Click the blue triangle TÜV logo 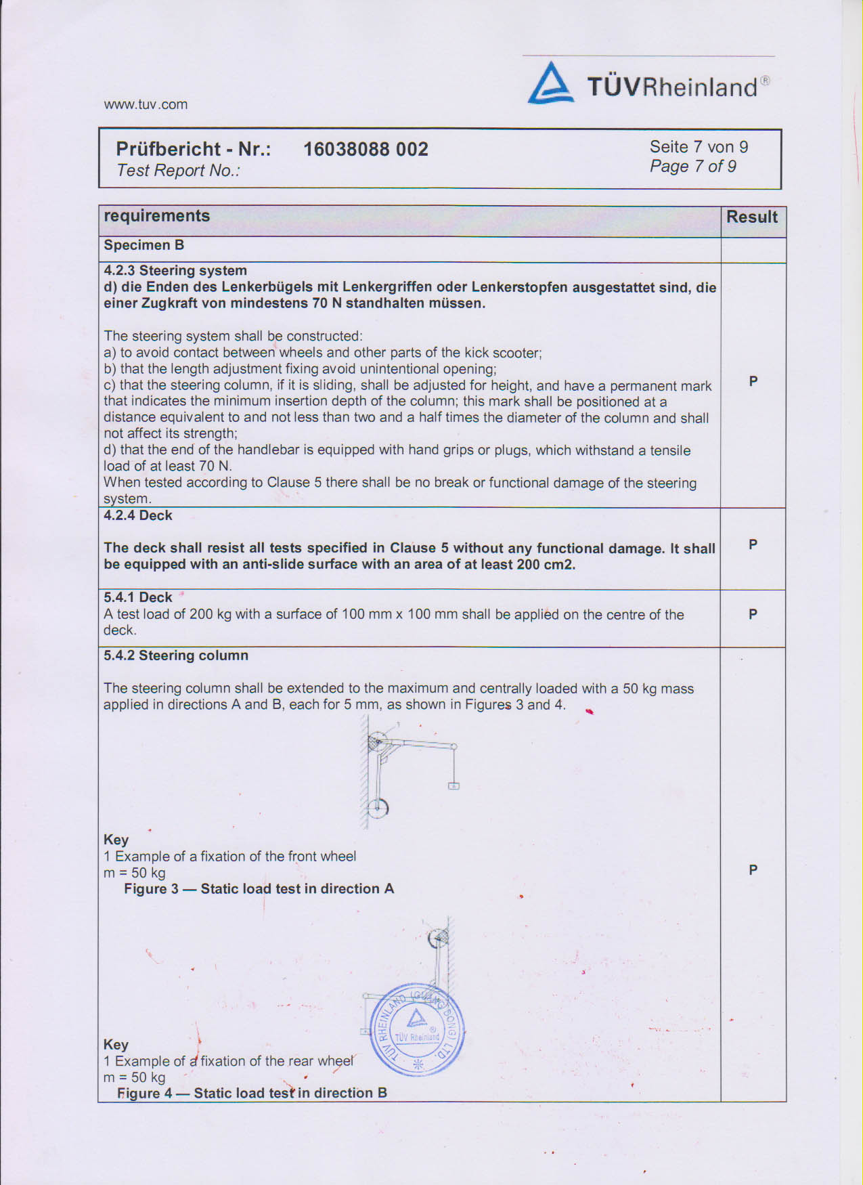550,84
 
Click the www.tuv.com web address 146,104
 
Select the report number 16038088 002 366,149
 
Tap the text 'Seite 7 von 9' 699,147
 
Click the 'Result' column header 752,217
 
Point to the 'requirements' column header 157,216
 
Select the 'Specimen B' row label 144,245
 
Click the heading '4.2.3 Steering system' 175,271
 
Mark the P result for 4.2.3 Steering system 753,381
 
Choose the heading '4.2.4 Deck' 138,515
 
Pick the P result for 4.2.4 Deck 753,544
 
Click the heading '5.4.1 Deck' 138,597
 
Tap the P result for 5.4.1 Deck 753,614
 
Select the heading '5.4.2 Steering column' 176,655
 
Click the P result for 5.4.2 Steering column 753,870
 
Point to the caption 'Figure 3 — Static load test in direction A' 259,888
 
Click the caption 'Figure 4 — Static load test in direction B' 252,1093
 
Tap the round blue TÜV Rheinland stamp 418,1029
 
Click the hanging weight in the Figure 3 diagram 453,785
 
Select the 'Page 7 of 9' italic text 692,167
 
